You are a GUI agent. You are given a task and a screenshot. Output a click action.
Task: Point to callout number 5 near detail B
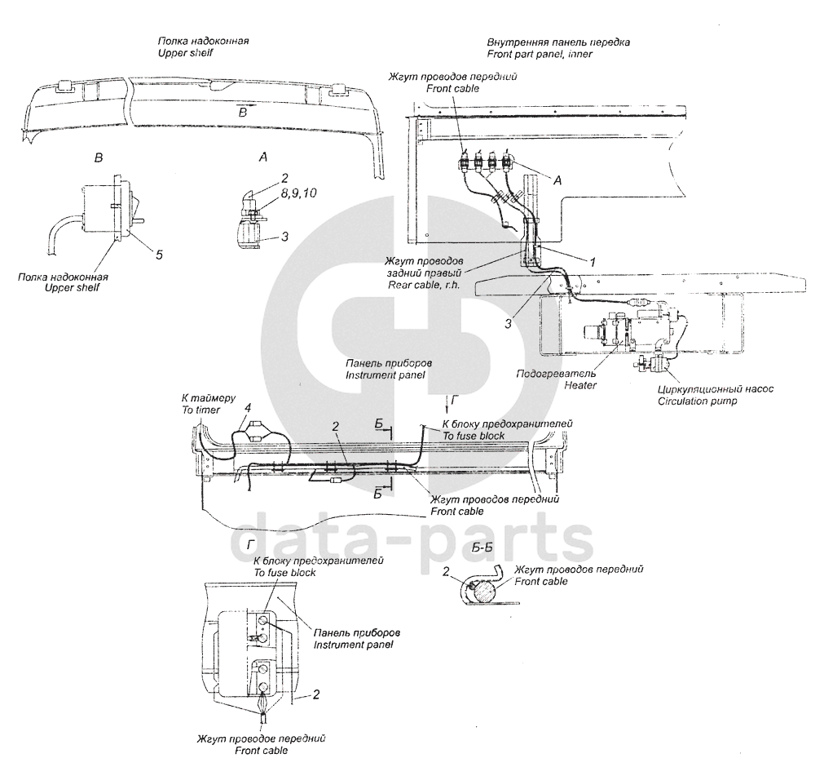coord(160,255)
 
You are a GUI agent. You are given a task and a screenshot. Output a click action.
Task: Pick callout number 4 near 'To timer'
coord(247,407)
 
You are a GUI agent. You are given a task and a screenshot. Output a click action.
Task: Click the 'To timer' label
coord(200,410)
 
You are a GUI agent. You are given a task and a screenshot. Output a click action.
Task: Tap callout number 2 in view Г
coord(316,694)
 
